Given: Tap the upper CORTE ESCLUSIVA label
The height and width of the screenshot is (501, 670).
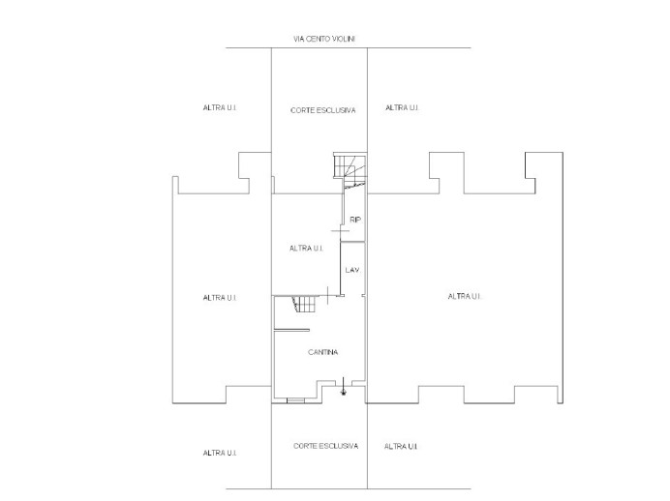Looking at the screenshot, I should (322, 110).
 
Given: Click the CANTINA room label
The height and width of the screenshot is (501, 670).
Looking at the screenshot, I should (322, 352).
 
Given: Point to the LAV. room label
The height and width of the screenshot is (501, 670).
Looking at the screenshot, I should (352, 270).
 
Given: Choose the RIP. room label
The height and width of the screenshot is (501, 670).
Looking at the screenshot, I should (355, 220).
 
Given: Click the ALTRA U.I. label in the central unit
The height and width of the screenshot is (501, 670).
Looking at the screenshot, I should (306, 248).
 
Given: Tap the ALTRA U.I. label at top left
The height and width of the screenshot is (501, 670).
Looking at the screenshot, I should (220, 107).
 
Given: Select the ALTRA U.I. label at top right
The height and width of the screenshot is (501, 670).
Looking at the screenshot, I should (402, 107).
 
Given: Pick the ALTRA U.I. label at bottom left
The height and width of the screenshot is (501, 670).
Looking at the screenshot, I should (220, 453).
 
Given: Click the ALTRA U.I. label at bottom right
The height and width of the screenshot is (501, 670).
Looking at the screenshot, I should (401, 446).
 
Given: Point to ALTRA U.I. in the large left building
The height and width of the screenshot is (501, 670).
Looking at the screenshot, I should (220, 297).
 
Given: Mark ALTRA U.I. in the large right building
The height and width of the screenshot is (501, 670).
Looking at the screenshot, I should (465, 296).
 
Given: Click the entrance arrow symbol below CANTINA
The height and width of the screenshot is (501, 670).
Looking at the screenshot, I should (344, 391).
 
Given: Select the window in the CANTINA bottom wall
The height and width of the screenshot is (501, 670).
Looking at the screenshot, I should (294, 398).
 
